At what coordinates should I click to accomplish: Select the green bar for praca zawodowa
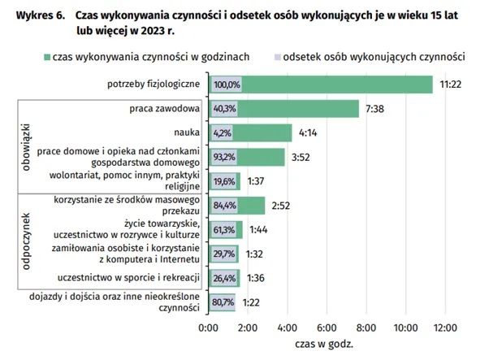[x=301, y=109]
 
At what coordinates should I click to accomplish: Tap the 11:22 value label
[x=451, y=85]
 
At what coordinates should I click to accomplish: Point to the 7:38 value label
[x=376, y=109]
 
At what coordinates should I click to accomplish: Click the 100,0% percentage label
[x=227, y=85]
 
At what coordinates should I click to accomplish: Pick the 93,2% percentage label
[x=224, y=157]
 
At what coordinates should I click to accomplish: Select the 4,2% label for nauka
[x=223, y=133]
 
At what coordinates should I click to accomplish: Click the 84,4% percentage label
[x=224, y=206]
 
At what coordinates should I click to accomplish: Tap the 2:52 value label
[x=281, y=206]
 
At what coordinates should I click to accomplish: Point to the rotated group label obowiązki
[x=25, y=145]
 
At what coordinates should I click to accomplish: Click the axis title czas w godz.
[x=327, y=345]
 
